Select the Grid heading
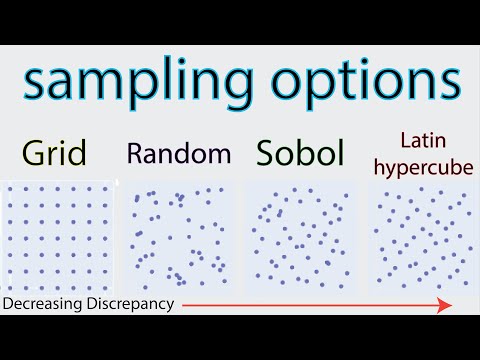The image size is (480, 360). click(x=56, y=153)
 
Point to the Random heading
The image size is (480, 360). click(x=179, y=153)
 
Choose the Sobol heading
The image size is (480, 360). click(x=300, y=153)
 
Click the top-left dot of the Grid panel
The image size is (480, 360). click(x=10, y=188)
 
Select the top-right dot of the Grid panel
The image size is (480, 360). click(x=104, y=188)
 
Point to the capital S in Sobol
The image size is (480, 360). click(x=266, y=153)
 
